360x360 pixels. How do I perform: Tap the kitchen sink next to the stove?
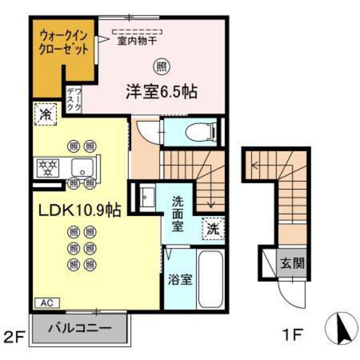tap(81, 168)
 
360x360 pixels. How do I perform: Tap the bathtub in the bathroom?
tap(209, 281)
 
